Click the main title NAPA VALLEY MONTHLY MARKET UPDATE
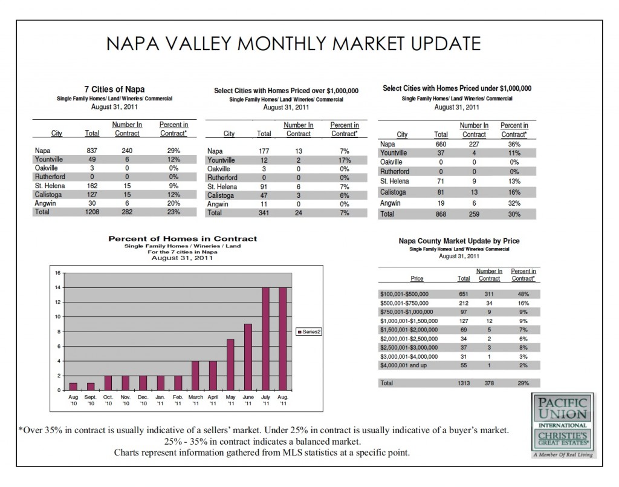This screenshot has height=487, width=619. tap(293, 44)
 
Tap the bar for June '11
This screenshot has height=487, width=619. tap(248, 357)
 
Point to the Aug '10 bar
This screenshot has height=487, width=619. tap(73, 387)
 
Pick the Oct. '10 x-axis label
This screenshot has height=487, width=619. tap(108, 400)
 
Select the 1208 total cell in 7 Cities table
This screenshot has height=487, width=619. tap(92, 213)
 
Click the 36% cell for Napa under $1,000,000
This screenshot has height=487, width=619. tap(514, 144)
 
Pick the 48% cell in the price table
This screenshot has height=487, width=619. tap(523, 293)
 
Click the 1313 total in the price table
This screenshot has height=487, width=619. tap(463, 383)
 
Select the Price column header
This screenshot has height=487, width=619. tap(416, 278)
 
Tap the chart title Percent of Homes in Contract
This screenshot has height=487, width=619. tap(183, 239)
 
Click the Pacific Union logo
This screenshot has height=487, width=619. tap(563, 424)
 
